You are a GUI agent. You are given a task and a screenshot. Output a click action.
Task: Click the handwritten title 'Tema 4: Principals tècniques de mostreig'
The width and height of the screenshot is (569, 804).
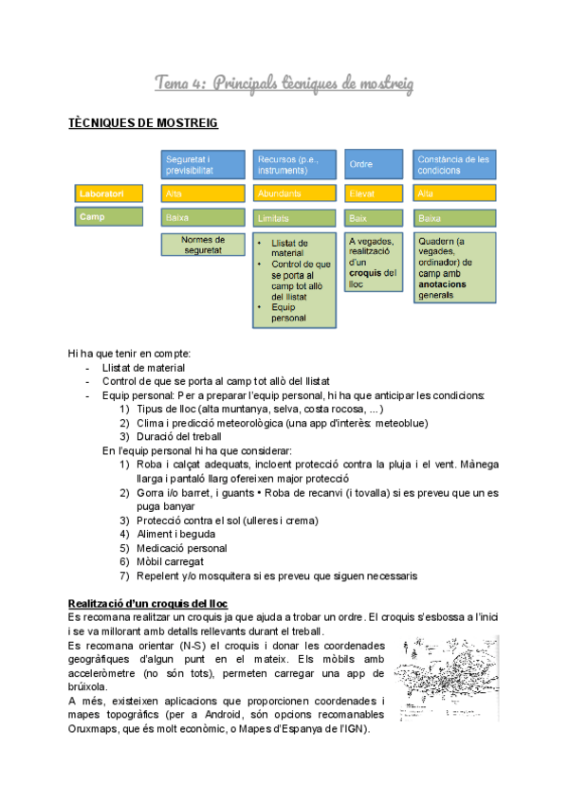click(284, 84)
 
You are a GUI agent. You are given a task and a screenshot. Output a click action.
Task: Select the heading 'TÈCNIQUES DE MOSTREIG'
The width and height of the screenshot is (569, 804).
click(144, 124)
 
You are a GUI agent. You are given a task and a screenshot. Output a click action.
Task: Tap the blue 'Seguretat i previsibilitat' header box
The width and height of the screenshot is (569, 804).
click(201, 164)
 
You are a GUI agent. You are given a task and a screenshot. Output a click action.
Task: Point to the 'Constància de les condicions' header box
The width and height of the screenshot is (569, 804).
click(453, 164)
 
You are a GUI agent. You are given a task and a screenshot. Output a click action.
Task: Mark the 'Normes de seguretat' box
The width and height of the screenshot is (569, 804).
click(201, 245)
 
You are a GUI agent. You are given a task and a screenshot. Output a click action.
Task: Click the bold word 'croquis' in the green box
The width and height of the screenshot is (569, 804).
click(366, 273)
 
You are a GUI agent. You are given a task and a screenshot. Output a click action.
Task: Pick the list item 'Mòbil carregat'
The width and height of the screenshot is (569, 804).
click(174, 561)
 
